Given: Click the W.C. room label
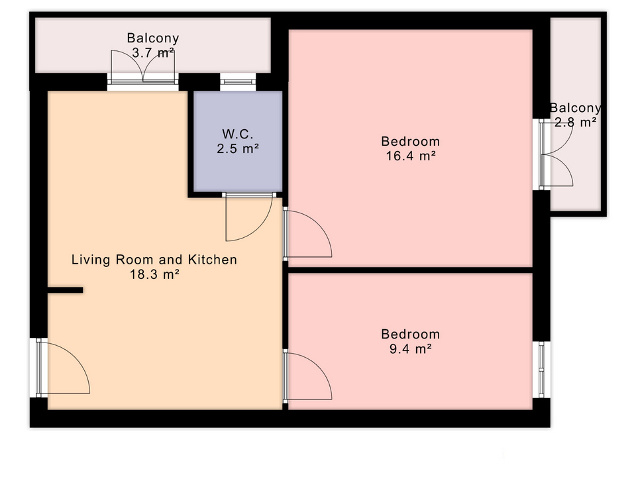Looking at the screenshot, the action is coord(238,134).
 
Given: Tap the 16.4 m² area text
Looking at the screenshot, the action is coord(411,156).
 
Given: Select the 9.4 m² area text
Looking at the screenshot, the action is coord(411,348).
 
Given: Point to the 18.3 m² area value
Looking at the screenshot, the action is coord(154,274).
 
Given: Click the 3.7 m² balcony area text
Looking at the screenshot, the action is coord(153,53).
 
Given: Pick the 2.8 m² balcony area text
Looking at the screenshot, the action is coord(576,122).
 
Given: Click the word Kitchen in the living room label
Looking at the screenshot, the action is coord(213,260).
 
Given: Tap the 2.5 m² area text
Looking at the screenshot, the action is coord(238,149).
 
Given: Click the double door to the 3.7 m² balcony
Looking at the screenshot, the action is coord(143,67).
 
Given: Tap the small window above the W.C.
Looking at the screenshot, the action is coord(238,82).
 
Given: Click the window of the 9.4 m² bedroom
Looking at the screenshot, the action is coord(541,370).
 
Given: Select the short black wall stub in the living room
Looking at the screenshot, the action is coord(66,290).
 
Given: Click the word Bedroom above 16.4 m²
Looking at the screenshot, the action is coord(411,141).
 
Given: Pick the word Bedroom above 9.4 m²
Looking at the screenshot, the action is coord(411,334).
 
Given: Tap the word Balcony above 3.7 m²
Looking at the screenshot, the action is coord(153,38).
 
